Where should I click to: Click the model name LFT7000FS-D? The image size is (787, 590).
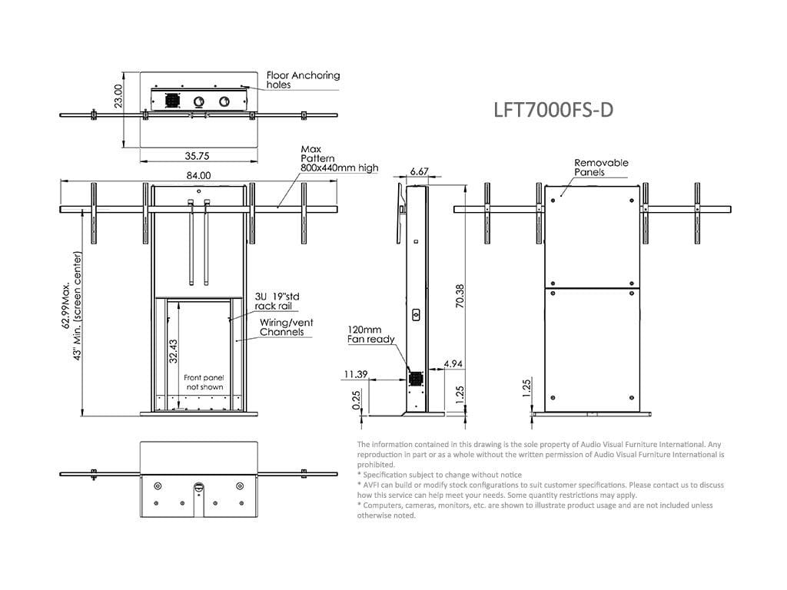(553, 110)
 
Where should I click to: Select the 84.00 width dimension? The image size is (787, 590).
(198, 176)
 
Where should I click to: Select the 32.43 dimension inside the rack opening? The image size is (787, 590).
(173, 350)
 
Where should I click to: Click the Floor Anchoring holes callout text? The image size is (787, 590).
(303, 81)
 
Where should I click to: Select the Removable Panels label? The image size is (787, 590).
(601, 167)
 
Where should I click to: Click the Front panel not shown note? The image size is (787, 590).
(203, 383)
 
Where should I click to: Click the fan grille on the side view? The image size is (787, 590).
(416, 380)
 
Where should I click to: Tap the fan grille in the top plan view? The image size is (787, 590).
(171, 101)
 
